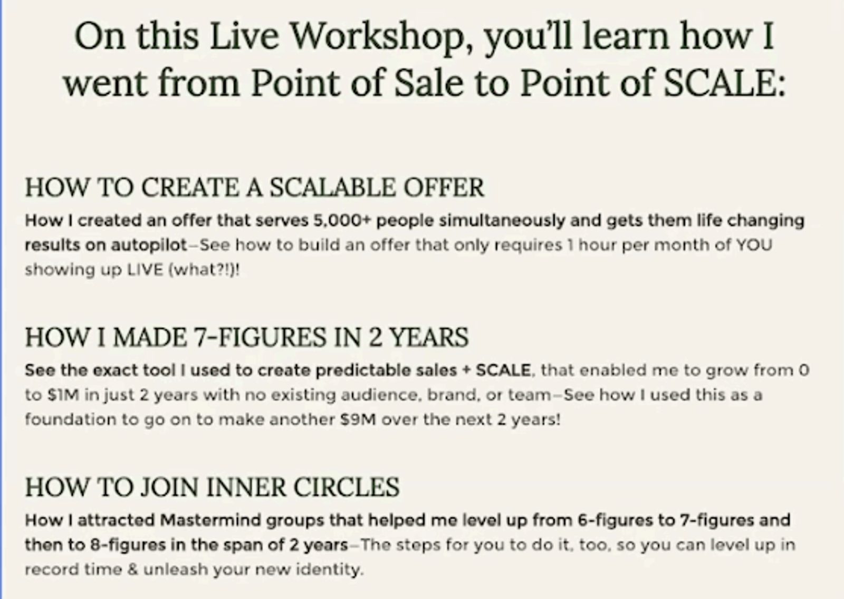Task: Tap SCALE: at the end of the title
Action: (724, 82)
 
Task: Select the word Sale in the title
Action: (429, 82)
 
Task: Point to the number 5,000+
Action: (342, 221)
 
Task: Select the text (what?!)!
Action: (204, 270)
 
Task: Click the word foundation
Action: (71, 420)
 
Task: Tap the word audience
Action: (381, 395)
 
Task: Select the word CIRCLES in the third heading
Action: (346, 487)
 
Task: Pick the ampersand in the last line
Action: (132, 569)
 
